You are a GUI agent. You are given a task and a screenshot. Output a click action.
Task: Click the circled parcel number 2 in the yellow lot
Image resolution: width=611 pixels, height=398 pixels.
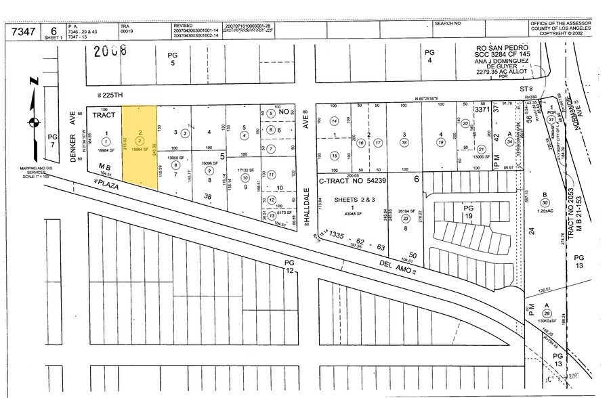[x=139, y=139]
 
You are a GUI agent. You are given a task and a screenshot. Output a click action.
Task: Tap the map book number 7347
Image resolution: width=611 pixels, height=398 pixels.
[x=22, y=30]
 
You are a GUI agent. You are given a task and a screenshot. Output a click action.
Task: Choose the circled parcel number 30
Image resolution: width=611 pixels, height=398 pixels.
[x=544, y=202]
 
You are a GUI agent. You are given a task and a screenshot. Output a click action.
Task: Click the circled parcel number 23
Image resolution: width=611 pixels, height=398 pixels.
[x=406, y=219]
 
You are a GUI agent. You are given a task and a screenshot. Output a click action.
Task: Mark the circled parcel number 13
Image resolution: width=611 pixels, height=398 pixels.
[x=271, y=215]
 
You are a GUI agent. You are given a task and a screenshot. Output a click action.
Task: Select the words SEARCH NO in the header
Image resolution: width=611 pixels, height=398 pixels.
[x=448, y=23]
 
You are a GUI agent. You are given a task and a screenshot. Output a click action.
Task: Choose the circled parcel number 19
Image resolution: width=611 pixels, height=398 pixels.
[x=440, y=143]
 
